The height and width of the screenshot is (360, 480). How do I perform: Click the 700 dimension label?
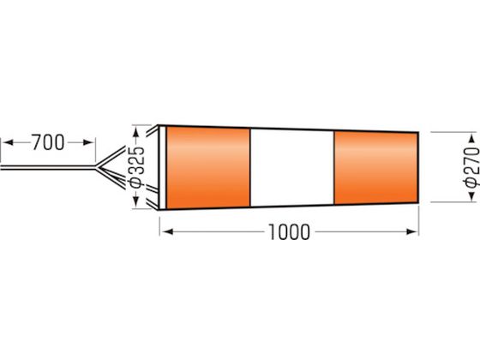(48, 142)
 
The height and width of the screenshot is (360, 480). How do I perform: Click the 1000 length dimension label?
(290, 232)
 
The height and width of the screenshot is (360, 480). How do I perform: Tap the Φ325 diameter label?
(136, 167)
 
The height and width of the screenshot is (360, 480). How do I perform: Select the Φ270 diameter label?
(471, 167)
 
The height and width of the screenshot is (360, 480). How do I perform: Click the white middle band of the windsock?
(292, 168)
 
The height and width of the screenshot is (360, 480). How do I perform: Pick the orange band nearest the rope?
(207, 167)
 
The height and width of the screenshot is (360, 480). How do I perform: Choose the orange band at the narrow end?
(375, 168)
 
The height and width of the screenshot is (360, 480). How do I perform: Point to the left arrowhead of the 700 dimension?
(8, 142)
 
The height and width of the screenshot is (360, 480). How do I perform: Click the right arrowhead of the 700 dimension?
(87, 142)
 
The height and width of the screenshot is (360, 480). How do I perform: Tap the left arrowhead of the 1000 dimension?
(167, 231)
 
